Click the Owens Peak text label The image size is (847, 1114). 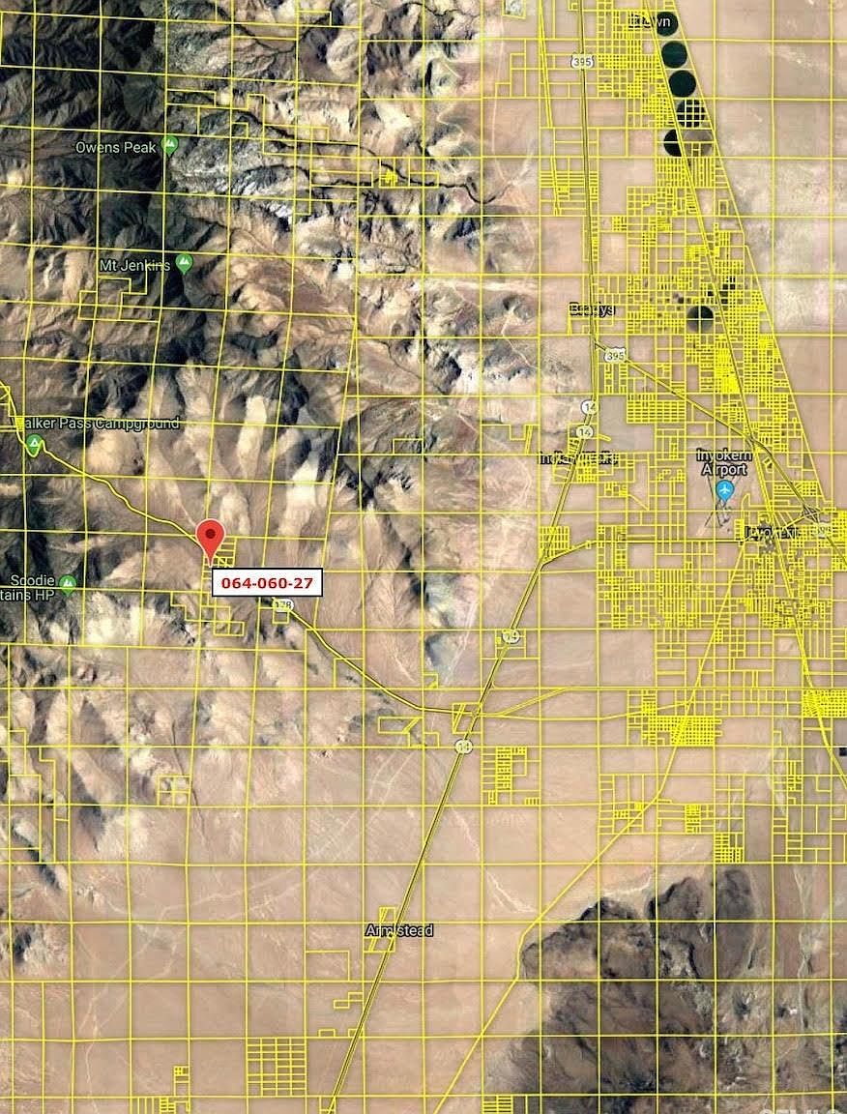113,148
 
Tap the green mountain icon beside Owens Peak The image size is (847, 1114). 170,146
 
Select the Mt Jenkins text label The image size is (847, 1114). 134,264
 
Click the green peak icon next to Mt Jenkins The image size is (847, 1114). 185,264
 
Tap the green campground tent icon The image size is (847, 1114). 35,445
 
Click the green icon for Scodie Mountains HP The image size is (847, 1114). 67,583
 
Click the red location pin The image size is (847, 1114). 210,538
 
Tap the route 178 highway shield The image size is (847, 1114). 282,605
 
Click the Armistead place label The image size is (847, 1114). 399,930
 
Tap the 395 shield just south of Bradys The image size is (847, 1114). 616,356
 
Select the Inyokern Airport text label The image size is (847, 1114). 724,462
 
